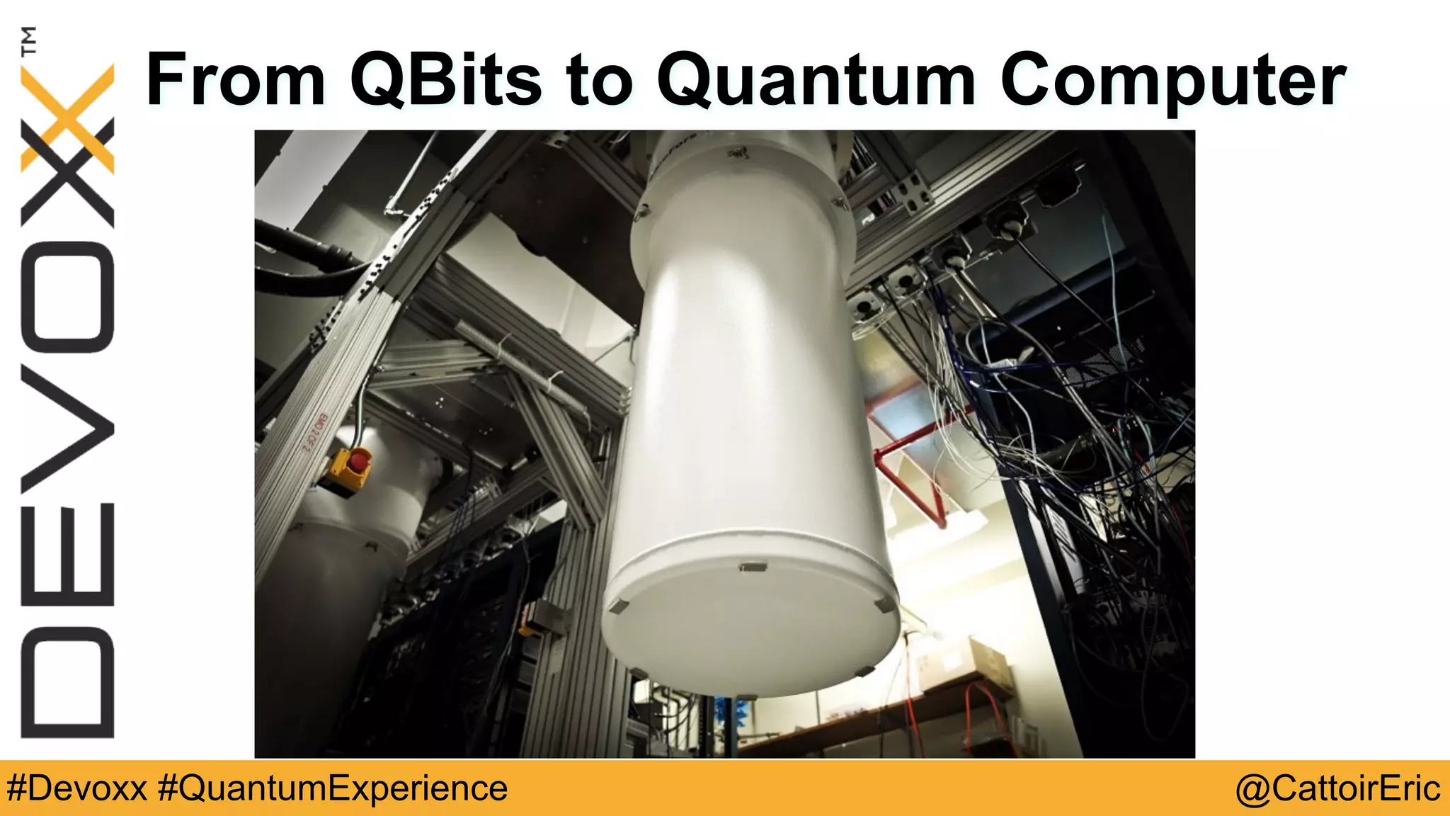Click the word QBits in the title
click(x=445, y=79)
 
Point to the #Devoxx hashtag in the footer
click(x=76, y=788)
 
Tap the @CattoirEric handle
click(x=1337, y=788)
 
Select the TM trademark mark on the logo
click(x=29, y=41)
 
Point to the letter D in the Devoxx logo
click(x=68, y=682)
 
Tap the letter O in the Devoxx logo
click(x=68, y=297)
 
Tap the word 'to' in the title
click(x=598, y=79)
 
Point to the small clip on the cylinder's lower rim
click(x=752, y=567)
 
